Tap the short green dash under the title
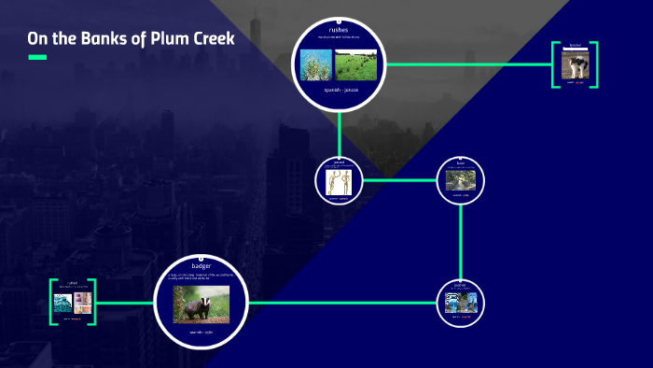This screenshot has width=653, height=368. tap(37, 58)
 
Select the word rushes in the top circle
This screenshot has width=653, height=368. tap(339, 30)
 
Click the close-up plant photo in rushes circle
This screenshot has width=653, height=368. tap(315, 64)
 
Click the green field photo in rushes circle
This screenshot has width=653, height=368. tap(355, 64)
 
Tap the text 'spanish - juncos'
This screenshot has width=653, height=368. tap(339, 90)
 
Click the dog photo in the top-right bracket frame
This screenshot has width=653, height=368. tap(575, 64)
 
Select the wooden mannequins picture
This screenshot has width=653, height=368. tap(337, 183)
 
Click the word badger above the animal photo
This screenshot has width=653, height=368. tap(201, 266)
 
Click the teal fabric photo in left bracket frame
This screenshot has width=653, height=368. tap(63, 303)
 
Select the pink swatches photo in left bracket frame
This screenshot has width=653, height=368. tap(82, 303)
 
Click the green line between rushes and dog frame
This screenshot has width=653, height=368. tap(466, 64)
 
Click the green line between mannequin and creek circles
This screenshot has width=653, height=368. tap(398, 179)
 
